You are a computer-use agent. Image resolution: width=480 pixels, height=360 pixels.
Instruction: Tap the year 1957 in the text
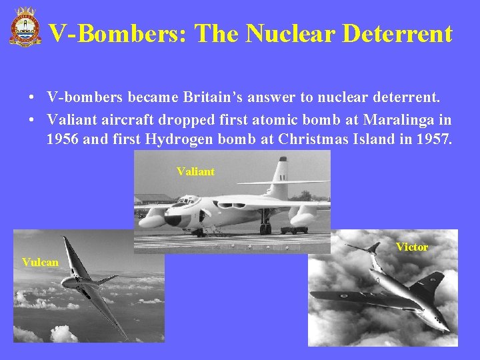click(x=435, y=139)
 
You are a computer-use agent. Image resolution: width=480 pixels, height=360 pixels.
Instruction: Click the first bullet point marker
click(x=32, y=98)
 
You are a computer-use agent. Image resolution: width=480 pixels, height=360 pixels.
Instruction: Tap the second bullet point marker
click(x=32, y=120)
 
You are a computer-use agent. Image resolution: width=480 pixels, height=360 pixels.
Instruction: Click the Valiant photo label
click(x=195, y=171)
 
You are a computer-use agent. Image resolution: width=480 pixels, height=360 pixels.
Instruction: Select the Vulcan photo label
click(x=40, y=262)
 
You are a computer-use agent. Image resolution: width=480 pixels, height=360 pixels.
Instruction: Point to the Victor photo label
click(x=411, y=247)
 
